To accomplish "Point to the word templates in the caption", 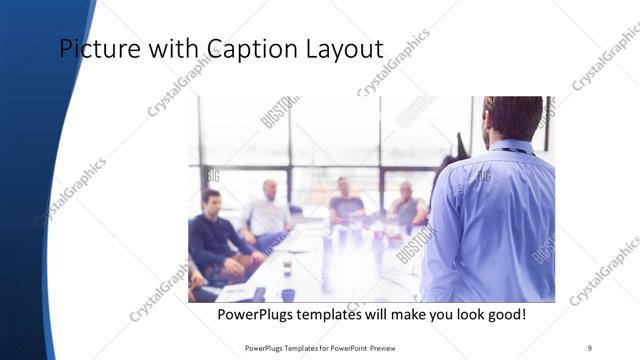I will [343, 315].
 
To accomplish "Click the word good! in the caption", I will [502, 315].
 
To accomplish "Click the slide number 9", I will [590, 347].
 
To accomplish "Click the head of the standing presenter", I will [512, 118].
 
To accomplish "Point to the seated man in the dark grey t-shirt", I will [346, 205].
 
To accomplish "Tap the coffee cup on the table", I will [287, 267].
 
